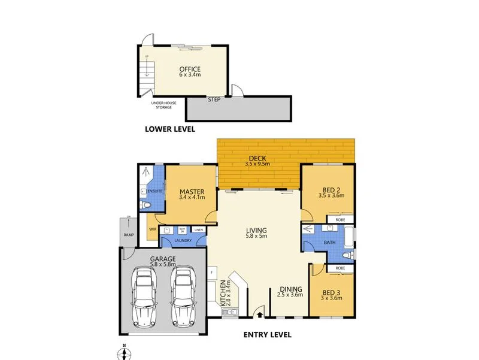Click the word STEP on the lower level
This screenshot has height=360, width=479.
click(x=214, y=99)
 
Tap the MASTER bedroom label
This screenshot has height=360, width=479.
click(x=192, y=192)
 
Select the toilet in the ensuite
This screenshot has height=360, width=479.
click(x=147, y=206)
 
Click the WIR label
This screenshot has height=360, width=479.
click(x=152, y=229)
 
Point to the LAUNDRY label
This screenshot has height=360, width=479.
click(x=183, y=241)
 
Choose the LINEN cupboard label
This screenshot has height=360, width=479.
click(x=198, y=230)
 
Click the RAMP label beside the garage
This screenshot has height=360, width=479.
click(x=128, y=235)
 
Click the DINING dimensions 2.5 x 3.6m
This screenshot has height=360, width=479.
click(x=290, y=294)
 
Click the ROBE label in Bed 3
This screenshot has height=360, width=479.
click(x=340, y=268)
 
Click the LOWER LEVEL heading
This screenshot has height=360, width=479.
click(x=169, y=129)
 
